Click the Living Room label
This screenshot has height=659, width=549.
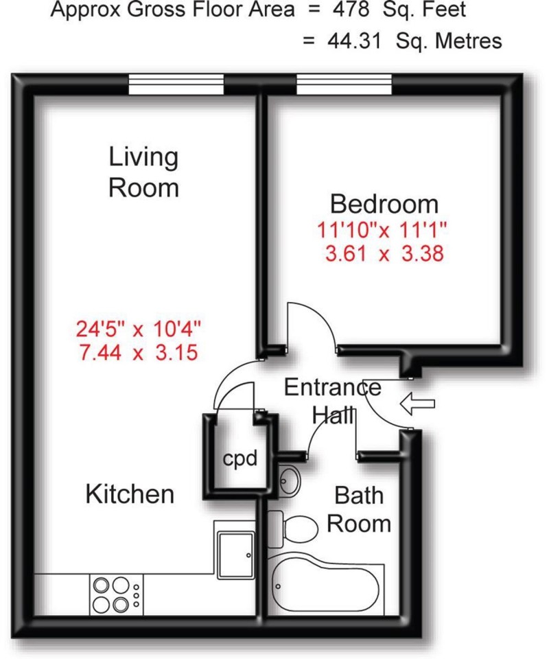pyautogui.click(x=143, y=172)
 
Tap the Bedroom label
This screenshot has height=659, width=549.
pyautogui.click(x=384, y=204)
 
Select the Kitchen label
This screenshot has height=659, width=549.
pyautogui.click(x=130, y=494)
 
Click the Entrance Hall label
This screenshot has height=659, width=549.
pyautogui.click(x=333, y=401)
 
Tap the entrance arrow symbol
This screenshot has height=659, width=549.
pyautogui.click(x=417, y=405)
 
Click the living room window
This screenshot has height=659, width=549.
pyautogui.click(x=176, y=85)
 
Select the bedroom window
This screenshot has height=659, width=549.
pyautogui.click(x=344, y=85)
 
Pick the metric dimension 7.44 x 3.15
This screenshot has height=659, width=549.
pyautogui.click(x=139, y=353)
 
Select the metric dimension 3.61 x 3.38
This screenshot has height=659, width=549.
pyautogui.click(x=384, y=253)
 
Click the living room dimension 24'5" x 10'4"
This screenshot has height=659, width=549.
pyautogui.click(x=139, y=329)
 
